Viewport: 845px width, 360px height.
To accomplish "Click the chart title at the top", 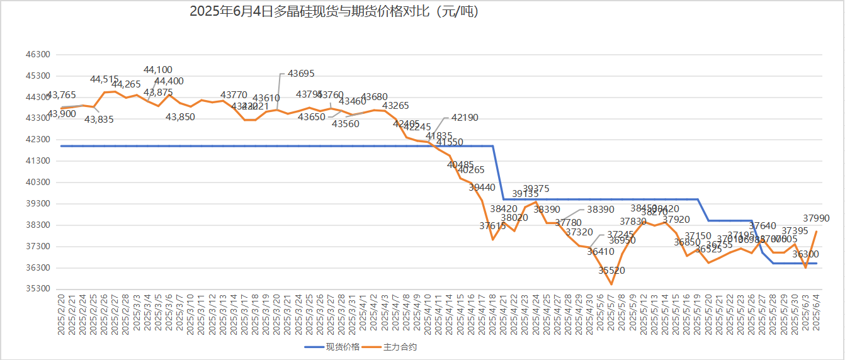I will pos(334,12).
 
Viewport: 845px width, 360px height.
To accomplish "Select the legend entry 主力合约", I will pos(400,347).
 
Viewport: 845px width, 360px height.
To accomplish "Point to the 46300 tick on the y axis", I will pos(37,55).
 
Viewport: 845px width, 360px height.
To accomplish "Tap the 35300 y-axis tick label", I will pos(37,290).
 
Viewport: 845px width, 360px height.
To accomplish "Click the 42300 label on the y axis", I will pos(37,140).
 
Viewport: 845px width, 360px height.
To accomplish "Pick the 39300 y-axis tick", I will pos(37,204).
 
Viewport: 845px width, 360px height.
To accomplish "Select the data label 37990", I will pos(817,218).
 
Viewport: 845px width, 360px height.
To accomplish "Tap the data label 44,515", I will pos(105,79).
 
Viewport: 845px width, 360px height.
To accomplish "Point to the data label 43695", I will pos(301,74).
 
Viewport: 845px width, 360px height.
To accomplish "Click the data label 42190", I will pos(465,117).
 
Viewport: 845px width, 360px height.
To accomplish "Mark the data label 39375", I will pos(536,188).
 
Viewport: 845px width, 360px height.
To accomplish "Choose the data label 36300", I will pos(805,254).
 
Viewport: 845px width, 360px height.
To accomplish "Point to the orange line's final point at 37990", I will pos(817,231).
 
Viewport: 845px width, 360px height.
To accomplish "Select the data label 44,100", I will pos(158,70).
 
